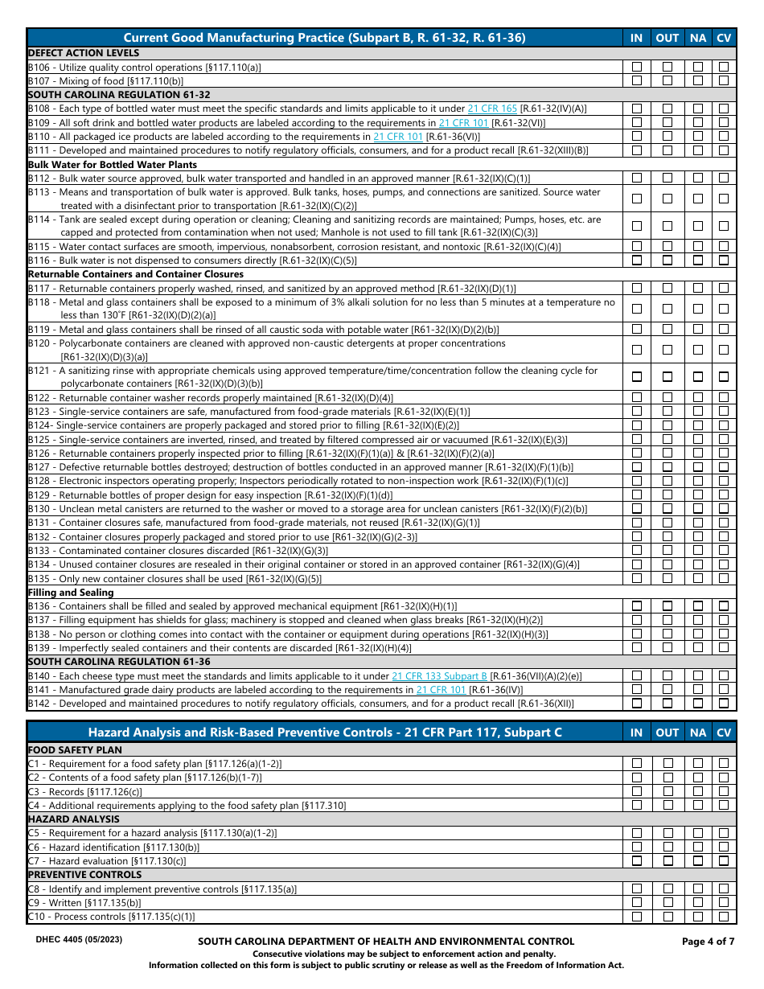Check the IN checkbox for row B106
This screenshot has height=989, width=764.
[637, 68]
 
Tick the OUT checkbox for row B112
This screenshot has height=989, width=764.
[667, 179]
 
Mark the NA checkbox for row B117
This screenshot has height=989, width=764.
[698, 288]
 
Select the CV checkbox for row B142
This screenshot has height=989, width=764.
[725, 704]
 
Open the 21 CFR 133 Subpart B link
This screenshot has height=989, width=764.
[439, 676]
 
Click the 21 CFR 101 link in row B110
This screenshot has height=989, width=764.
[397, 137]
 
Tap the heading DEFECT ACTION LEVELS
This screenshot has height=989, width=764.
[84, 53]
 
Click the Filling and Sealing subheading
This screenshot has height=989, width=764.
[71, 593]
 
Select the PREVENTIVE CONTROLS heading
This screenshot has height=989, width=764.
[84, 875]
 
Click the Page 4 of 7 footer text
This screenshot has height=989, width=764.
[708, 941]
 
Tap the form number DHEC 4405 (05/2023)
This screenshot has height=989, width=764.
[79, 939]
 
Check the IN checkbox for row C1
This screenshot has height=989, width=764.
[637, 763]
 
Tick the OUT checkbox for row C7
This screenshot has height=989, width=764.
[667, 861]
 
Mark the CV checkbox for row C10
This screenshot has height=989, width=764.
[725, 917]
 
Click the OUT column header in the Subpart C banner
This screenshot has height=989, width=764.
[667, 733]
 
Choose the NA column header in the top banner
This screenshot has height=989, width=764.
[698, 38]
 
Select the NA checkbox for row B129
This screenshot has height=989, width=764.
[698, 495]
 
